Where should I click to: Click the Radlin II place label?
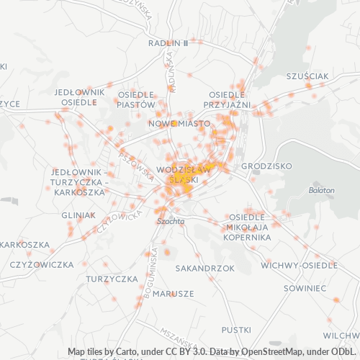(x=167, y=43)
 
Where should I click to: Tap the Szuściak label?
(x=307, y=76)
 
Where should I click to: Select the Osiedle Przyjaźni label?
(x=229, y=100)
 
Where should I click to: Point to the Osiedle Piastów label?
(x=136, y=99)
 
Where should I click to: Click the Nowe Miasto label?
(x=179, y=124)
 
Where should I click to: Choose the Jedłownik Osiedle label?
(x=79, y=97)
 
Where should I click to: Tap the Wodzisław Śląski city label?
(x=183, y=174)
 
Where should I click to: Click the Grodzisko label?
(x=266, y=166)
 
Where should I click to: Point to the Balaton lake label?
(x=322, y=190)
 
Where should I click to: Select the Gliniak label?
(x=78, y=215)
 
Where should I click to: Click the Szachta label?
(x=171, y=222)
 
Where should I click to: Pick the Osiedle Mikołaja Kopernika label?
(x=247, y=227)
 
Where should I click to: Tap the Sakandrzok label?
(x=205, y=268)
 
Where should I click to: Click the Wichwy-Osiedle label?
(x=299, y=265)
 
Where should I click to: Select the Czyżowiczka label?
(x=42, y=264)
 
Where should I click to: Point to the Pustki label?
(x=236, y=329)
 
